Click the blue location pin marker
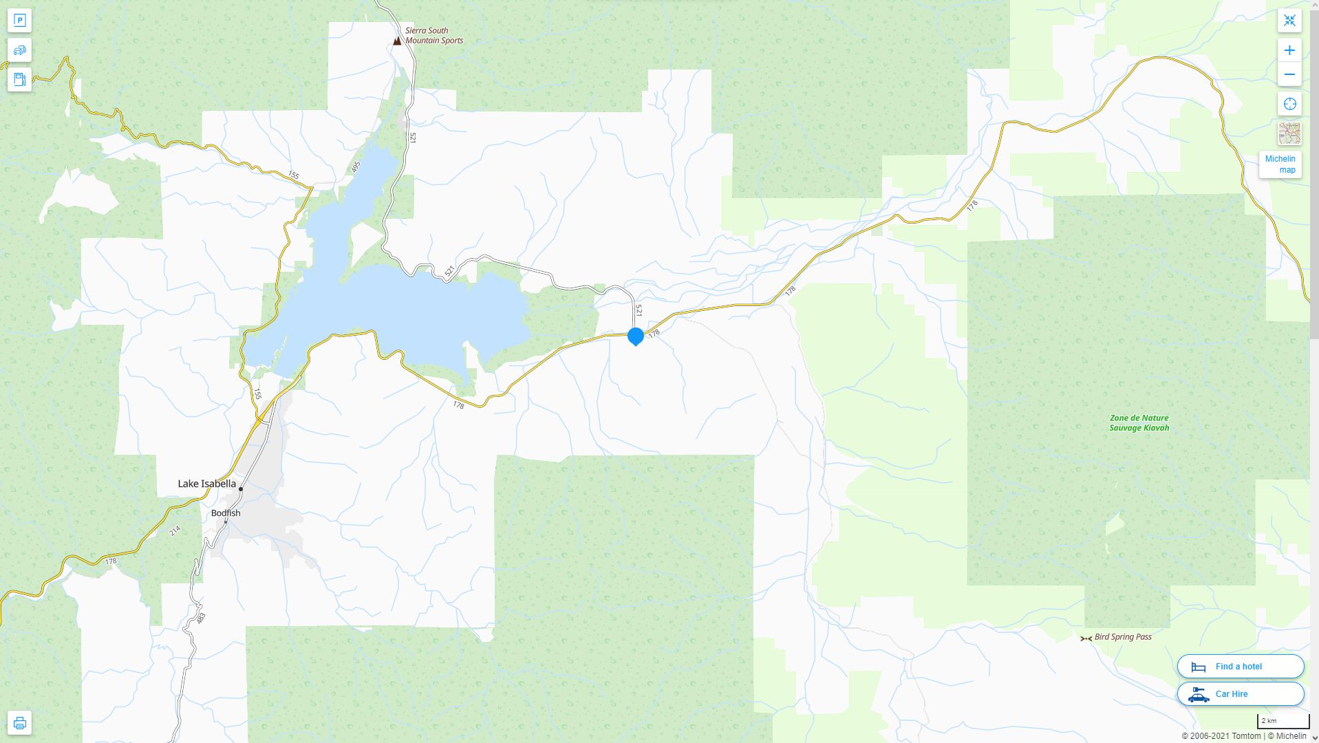(x=636, y=336)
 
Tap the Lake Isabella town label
(x=206, y=484)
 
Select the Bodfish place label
(x=226, y=513)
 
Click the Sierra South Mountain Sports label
(x=433, y=36)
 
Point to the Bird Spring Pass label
(x=1122, y=637)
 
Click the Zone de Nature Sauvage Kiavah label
(x=1139, y=423)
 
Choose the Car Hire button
(x=1241, y=693)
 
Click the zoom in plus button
(x=1289, y=50)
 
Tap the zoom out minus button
(x=1289, y=74)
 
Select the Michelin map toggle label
(x=1280, y=164)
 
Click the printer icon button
(x=20, y=723)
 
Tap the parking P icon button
(x=20, y=21)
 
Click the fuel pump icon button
(x=20, y=79)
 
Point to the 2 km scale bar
(x=1283, y=722)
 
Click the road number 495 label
(x=356, y=167)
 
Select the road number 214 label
(x=175, y=531)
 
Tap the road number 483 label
(x=200, y=618)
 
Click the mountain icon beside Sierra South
(x=397, y=41)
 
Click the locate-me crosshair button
(x=1289, y=104)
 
